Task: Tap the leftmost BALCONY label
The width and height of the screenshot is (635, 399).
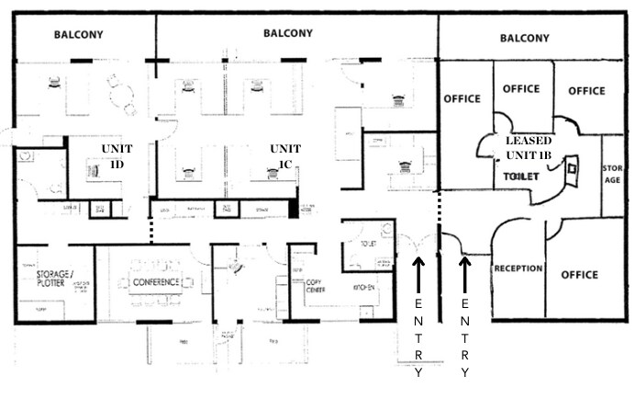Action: tap(78, 35)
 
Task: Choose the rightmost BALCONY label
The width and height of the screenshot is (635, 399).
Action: tap(525, 39)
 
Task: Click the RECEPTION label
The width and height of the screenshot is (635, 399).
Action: tap(518, 269)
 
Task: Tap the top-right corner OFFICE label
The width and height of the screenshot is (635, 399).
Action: tap(585, 91)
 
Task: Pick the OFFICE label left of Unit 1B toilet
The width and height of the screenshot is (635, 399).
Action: tap(463, 98)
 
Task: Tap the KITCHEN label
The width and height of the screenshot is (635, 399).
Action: tap(366, 288)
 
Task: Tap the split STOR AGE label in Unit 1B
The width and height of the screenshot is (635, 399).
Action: tap(612, 174)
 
